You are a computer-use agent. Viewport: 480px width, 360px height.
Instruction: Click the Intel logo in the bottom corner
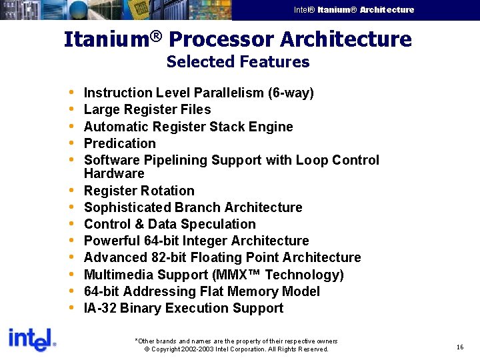(31, 340)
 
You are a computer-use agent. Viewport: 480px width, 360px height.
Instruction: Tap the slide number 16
(460, 347)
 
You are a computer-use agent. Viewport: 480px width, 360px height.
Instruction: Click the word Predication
(120, 143)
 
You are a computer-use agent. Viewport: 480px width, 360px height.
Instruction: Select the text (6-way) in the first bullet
(291, 93)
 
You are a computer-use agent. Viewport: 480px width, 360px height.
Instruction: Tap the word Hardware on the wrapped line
(114, 173)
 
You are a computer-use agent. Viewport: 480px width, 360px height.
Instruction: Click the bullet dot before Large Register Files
(71, 110)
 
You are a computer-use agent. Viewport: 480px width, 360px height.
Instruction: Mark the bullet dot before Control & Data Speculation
(71, 225)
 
